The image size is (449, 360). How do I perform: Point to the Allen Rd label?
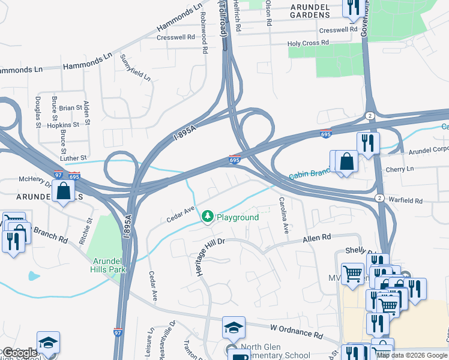point(317,238)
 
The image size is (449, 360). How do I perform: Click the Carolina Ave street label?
point(286,215)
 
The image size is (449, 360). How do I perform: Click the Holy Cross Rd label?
point(309,43)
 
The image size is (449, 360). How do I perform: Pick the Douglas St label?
point(38,112)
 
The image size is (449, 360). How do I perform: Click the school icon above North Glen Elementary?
point(234,328)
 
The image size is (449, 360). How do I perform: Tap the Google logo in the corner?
point(19,352)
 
